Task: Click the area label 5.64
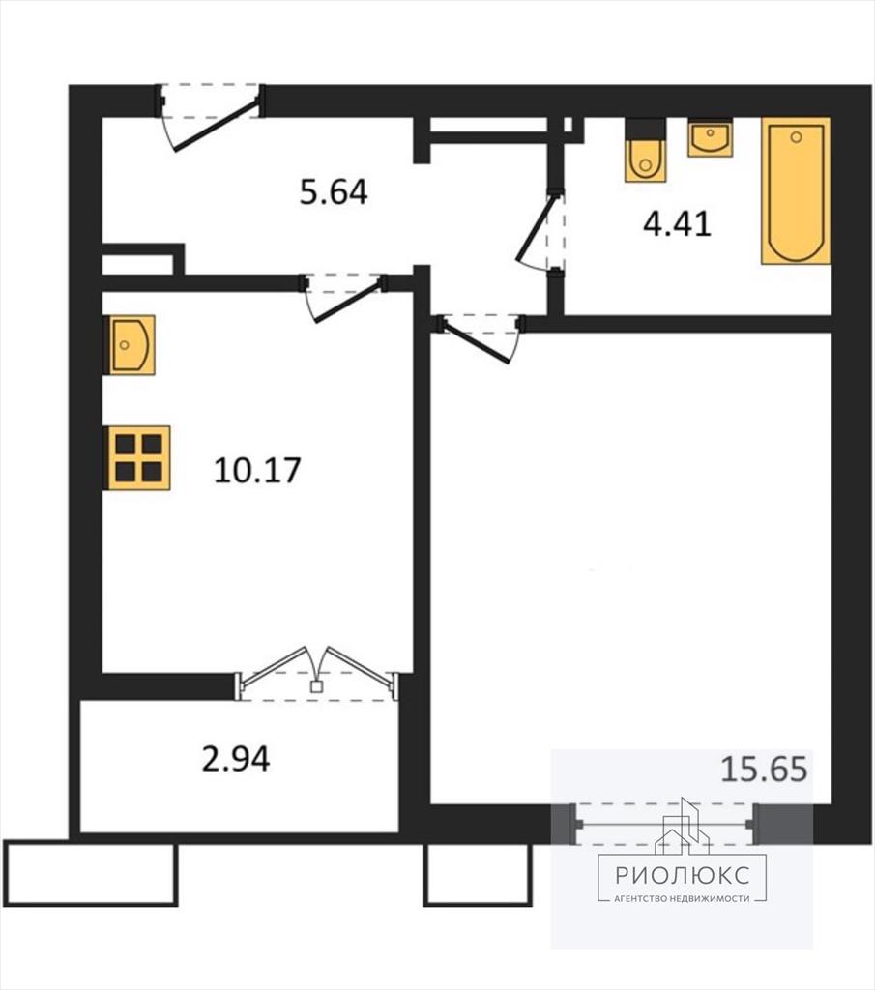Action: tap(334, 192)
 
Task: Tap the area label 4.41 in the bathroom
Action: tap(678, 223)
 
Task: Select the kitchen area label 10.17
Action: tap(257, 471)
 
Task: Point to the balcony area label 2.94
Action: tap(236, 759)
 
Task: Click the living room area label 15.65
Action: tap(764, 770)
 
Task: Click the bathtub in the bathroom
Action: tap(796, 190)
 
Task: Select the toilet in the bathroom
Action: tap(645, 150)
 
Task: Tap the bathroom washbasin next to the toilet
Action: tap(711, 137)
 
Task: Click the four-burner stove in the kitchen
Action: tap(137, 458)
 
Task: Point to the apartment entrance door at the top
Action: tap(210, 117)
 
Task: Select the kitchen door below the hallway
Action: tap(344, 298)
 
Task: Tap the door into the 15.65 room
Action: tap(481, 339)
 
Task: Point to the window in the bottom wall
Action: tap(663, 824)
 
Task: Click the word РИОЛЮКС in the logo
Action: tap(683, 874)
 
